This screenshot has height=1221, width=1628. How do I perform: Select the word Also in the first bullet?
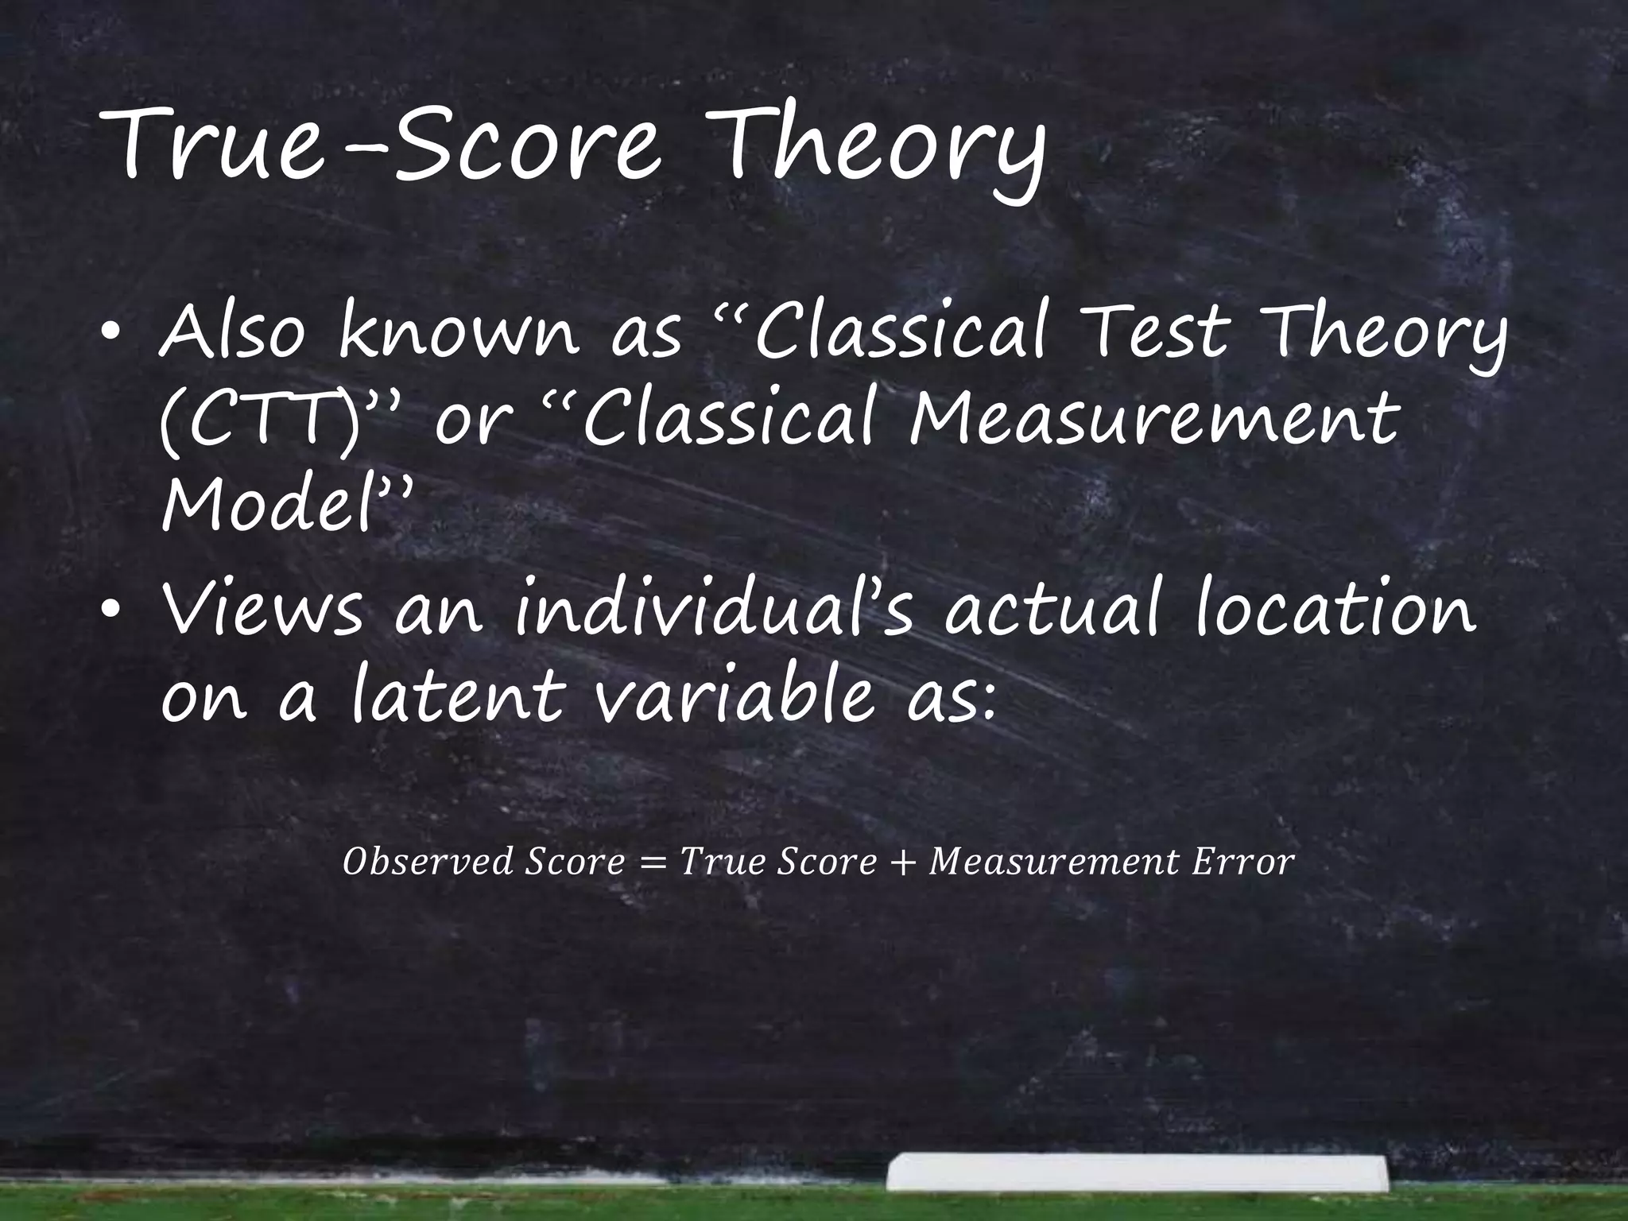point(231,333)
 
